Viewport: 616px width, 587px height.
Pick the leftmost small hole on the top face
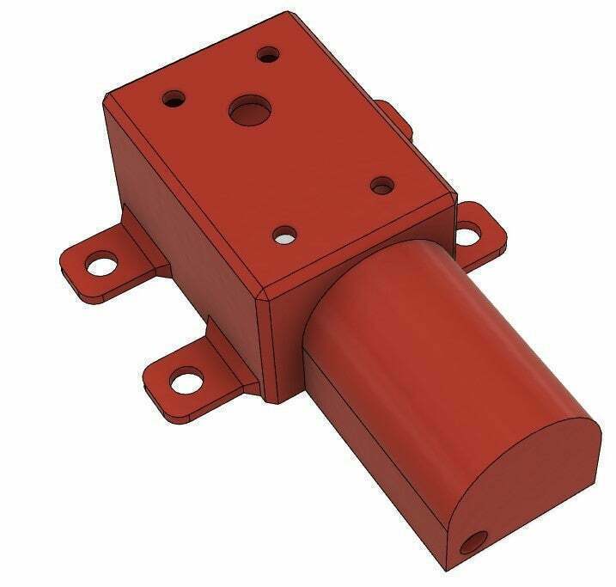point(174,99)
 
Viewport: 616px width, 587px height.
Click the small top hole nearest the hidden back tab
point(382,184)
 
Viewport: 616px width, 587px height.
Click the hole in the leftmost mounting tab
point(102,261)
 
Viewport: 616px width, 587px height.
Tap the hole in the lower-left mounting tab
point(185,377)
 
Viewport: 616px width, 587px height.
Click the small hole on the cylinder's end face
point(472,543)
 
